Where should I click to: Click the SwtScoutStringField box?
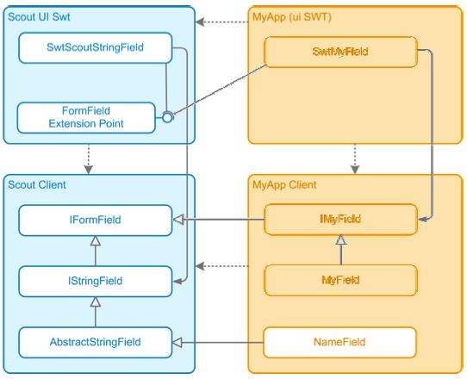(x=96, y=47)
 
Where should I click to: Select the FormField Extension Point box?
(x=86, y=118)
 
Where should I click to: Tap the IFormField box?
(x=96, y=220)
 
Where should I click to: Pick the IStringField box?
(x=96, y=281)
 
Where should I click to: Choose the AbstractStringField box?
(x=96, y=342)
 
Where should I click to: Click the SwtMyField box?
(x=340, y=52)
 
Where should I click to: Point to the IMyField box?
(x=340, y=220)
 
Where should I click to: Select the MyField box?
(x=340, y=280)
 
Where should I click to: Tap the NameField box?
(x=339, y=342)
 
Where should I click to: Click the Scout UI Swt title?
(x=39, y=17)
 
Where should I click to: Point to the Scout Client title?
(x=37, y=185)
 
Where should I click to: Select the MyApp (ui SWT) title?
(x=292, y=17)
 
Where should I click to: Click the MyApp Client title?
(x=284, y=185)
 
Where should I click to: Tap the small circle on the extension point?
(x=167, y=117)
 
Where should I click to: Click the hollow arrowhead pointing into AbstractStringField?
(x=177, y=342)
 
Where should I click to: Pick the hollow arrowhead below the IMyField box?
(x=341, y=239)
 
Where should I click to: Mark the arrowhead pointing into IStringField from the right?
(x=177, y=281)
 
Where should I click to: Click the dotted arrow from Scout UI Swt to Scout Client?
(x=89, y=159)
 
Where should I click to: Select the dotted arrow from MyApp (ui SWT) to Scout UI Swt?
(x=222, y=22)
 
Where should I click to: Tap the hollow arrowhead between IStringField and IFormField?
(x=96, y=240)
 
